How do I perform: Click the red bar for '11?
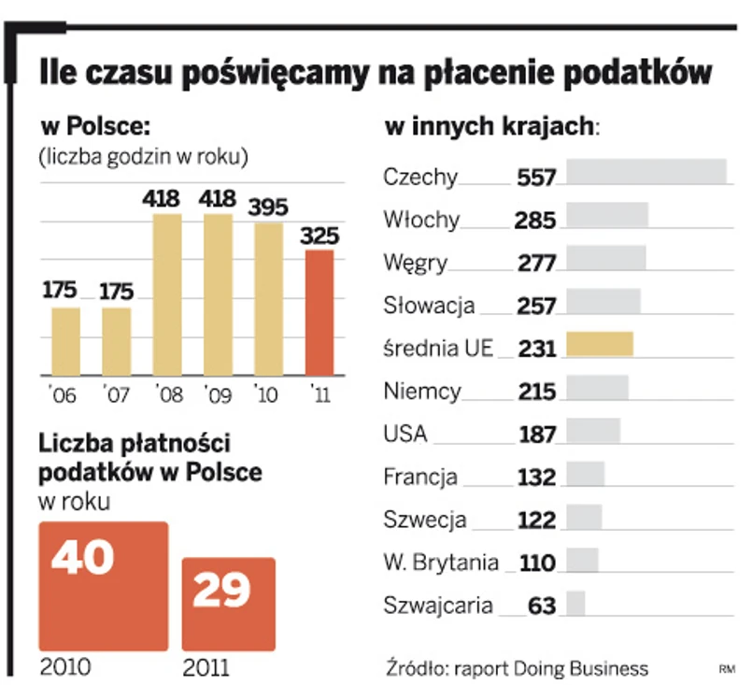[320, 312]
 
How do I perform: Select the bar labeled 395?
[268, 298]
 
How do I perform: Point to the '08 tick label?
[165, 394]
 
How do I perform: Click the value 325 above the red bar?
[320, 236]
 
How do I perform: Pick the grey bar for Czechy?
[646, 173]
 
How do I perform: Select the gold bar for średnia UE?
[600, 345]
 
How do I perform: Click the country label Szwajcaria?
[437, 606]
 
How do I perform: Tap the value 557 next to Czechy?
[536, 178]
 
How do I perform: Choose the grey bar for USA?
[593, 431]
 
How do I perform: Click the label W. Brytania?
[440, 563]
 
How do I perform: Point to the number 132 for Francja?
[536, 478]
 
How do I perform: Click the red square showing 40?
[103, 585]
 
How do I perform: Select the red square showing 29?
[228, 604]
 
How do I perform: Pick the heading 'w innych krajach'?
[490, 126]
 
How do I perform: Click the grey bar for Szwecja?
[584, 517]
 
